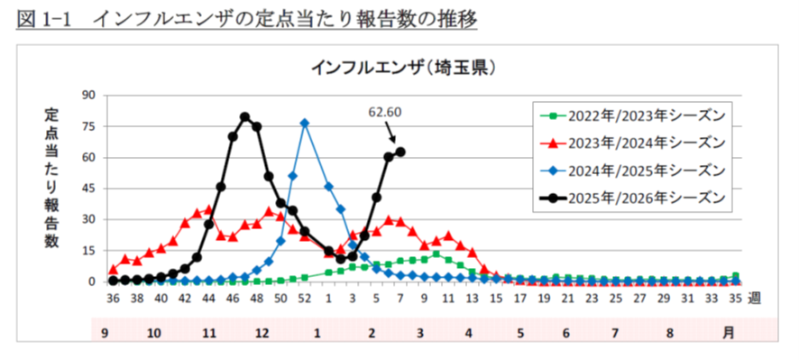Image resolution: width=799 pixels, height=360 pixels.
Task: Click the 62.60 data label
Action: click(x=385, y=113)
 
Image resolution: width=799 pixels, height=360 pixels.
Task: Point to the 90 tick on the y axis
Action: click(x=89, y=95)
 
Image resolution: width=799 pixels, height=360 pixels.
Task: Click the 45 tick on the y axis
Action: click(x=89, y=189)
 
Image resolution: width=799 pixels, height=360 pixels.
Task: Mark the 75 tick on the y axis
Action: click(x=89, y=126)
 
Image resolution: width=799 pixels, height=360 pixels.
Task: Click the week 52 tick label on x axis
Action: click(x=305, y=297)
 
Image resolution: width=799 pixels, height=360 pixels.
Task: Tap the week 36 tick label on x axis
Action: click(x=113, y=297)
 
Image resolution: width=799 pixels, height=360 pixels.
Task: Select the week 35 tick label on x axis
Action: click(x=736, y=297)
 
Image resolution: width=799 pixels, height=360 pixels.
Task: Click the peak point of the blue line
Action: click(x=305, y=123)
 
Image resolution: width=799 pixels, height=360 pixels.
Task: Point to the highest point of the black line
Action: click(x=244, y=116)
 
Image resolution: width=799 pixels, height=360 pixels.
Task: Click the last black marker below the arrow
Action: click(x=400, y=152)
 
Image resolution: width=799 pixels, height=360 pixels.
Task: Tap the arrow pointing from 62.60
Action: click(x=391, y=134)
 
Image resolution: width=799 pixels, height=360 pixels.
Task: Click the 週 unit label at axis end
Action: click(x=754, y=297)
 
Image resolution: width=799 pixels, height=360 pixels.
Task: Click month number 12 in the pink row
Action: click(x=262, y=332)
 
